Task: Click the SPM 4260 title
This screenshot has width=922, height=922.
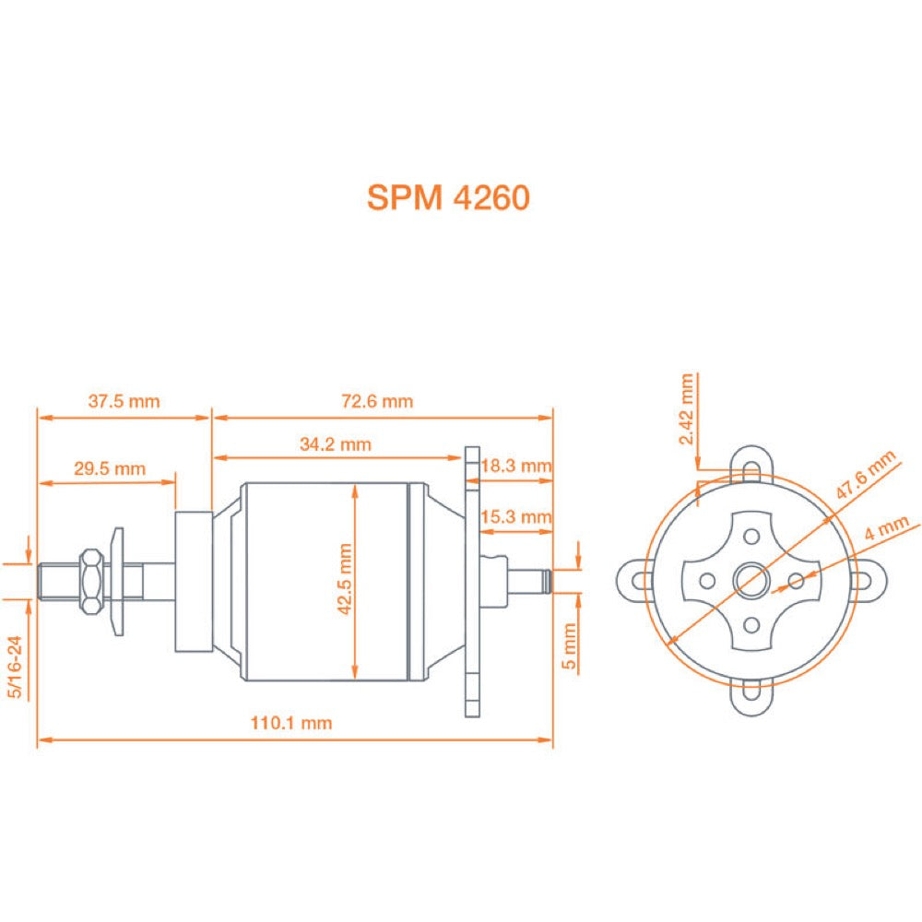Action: point(448,196)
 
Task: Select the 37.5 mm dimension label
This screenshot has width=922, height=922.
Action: point(124,401)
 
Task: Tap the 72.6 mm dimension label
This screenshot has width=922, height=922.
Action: point(378,401)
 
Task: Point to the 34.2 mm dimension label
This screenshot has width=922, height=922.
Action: point(336,444)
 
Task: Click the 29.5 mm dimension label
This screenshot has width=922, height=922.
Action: point(110,468)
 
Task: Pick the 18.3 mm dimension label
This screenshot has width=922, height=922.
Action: point(516,467)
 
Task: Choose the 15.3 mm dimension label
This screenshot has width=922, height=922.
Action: point(516,516)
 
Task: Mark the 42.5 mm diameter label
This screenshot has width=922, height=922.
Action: point(345,579)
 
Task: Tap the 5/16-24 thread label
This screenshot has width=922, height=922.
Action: point(15,666)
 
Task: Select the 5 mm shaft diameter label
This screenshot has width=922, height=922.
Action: point(569,645)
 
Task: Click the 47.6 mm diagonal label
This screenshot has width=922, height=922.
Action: point(865,477)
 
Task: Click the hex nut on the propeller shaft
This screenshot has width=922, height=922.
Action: point(91,581)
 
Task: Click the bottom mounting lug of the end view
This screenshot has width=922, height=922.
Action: point(751,698)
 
